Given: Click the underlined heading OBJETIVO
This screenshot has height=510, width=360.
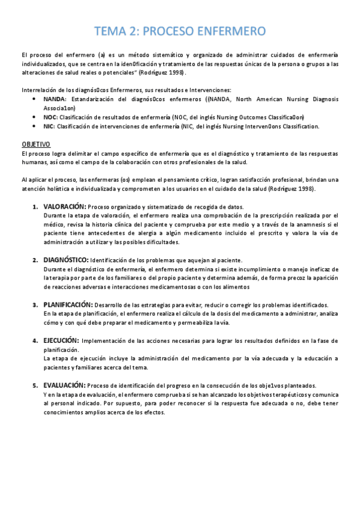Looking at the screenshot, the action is [x=36, y=145].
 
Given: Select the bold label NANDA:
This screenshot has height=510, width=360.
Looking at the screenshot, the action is [x=56, y=99].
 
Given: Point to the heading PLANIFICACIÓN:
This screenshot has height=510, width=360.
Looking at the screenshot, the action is [x=68, y=305].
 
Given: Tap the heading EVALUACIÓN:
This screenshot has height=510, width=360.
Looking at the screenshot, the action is [x=64, y=385].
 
